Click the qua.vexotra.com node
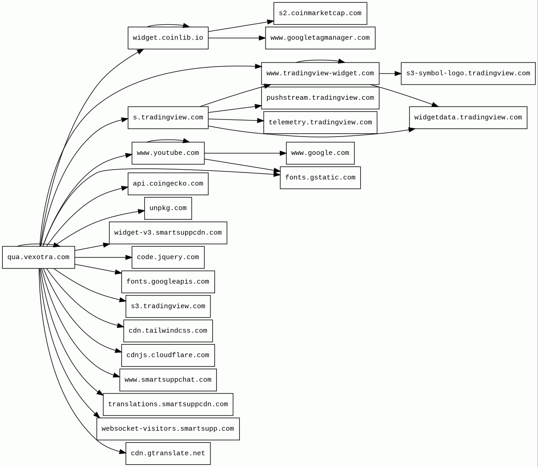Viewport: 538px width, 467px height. point(39,257)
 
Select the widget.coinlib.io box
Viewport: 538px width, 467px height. point(168,38)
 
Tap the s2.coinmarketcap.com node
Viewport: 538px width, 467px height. point(320,13)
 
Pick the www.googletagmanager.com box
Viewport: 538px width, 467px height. point(320,38)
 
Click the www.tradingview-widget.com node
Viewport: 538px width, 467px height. point(320,74)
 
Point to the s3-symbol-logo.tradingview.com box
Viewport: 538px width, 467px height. point(468,74)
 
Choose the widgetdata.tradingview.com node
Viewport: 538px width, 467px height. point(468,117)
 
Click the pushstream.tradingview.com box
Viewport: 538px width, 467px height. point(320,98)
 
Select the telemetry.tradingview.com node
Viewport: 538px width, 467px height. point(320,123)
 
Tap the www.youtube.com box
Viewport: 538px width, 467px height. point(168,153)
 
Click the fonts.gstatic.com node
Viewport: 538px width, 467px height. point(320,177)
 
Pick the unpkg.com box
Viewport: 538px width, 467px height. point(168,208)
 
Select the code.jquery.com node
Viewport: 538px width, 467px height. point(168,257)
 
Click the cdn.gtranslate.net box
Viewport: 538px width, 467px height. point(168,454)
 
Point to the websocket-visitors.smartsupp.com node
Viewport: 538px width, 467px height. point(168,429)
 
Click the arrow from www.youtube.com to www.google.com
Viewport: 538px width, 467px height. point(245,153)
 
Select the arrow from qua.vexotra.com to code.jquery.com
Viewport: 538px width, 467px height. point(103,257)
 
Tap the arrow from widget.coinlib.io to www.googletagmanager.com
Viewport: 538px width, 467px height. point(237,38)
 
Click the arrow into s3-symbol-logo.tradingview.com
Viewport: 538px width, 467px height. point(390,74)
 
